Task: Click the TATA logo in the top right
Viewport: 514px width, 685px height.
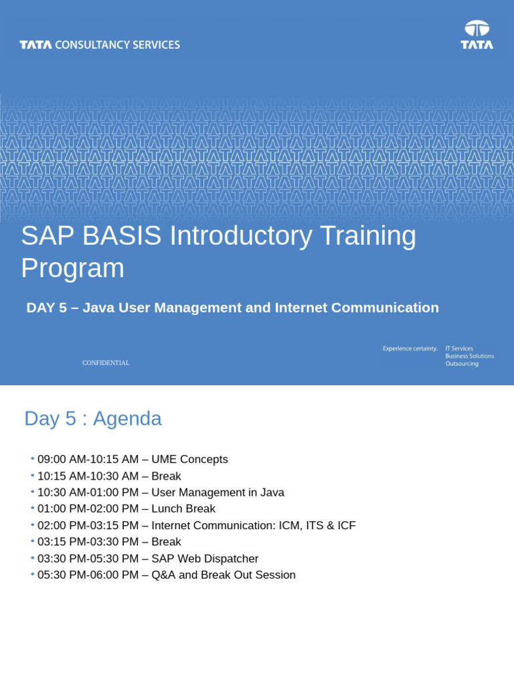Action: tap(477, 35)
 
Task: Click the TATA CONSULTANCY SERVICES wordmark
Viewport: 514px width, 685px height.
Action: tap(100, 45)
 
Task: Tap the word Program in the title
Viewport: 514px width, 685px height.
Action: tap(72, 268)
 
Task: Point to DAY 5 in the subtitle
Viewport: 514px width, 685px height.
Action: tap(46, 308)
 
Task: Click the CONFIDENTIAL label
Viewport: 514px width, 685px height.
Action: tap(106, 363)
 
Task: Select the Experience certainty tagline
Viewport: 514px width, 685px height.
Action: tap(410, 349)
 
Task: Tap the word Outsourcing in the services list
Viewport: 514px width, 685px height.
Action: tap(462, 364)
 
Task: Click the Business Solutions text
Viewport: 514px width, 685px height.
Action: tap(469, 356)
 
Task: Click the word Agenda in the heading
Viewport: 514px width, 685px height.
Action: tap(127, 419)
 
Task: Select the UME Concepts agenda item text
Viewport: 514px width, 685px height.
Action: tap(189, 460)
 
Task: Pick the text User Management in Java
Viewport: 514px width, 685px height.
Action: tap(218, 492)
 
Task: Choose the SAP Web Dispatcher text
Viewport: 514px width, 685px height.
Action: tap(205, 559)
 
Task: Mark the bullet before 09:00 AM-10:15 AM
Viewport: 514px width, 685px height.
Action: tap(32, 459)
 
